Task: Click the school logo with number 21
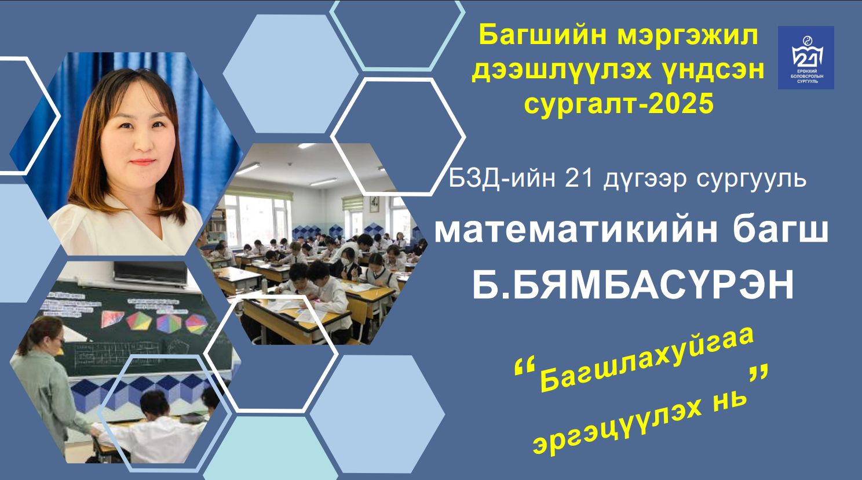click(806, 57)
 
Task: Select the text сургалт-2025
click(619, 104)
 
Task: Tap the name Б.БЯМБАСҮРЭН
click(633, 285)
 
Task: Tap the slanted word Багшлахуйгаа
click(647, 363)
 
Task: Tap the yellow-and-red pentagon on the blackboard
click(138, 321)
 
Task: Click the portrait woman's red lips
click(143, 162)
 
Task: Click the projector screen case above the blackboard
click(151, 274)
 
